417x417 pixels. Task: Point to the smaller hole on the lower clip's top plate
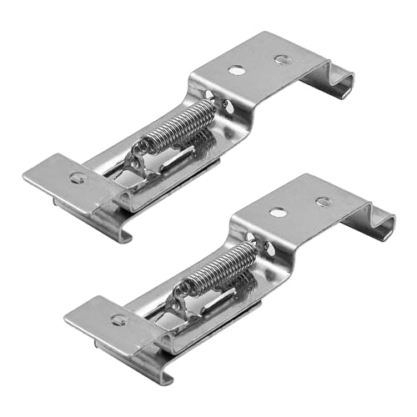point(322,201)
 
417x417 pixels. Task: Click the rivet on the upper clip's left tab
point(78,176)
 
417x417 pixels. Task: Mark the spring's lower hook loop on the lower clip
point(180,293)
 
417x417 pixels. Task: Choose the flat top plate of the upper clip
point(259,67)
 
